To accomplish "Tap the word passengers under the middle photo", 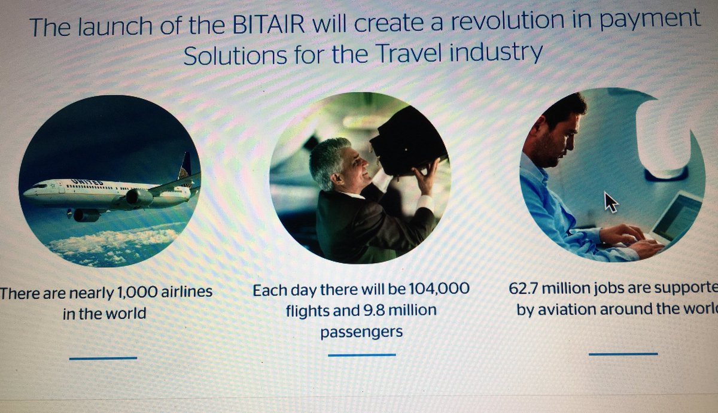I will [361, 332].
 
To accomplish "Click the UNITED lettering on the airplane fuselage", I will [87, 182].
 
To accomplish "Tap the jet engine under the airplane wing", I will [139, 197].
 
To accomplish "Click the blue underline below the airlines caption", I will [103, 358].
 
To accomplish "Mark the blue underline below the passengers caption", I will [361, 355].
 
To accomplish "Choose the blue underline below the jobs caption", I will [623, 354].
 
